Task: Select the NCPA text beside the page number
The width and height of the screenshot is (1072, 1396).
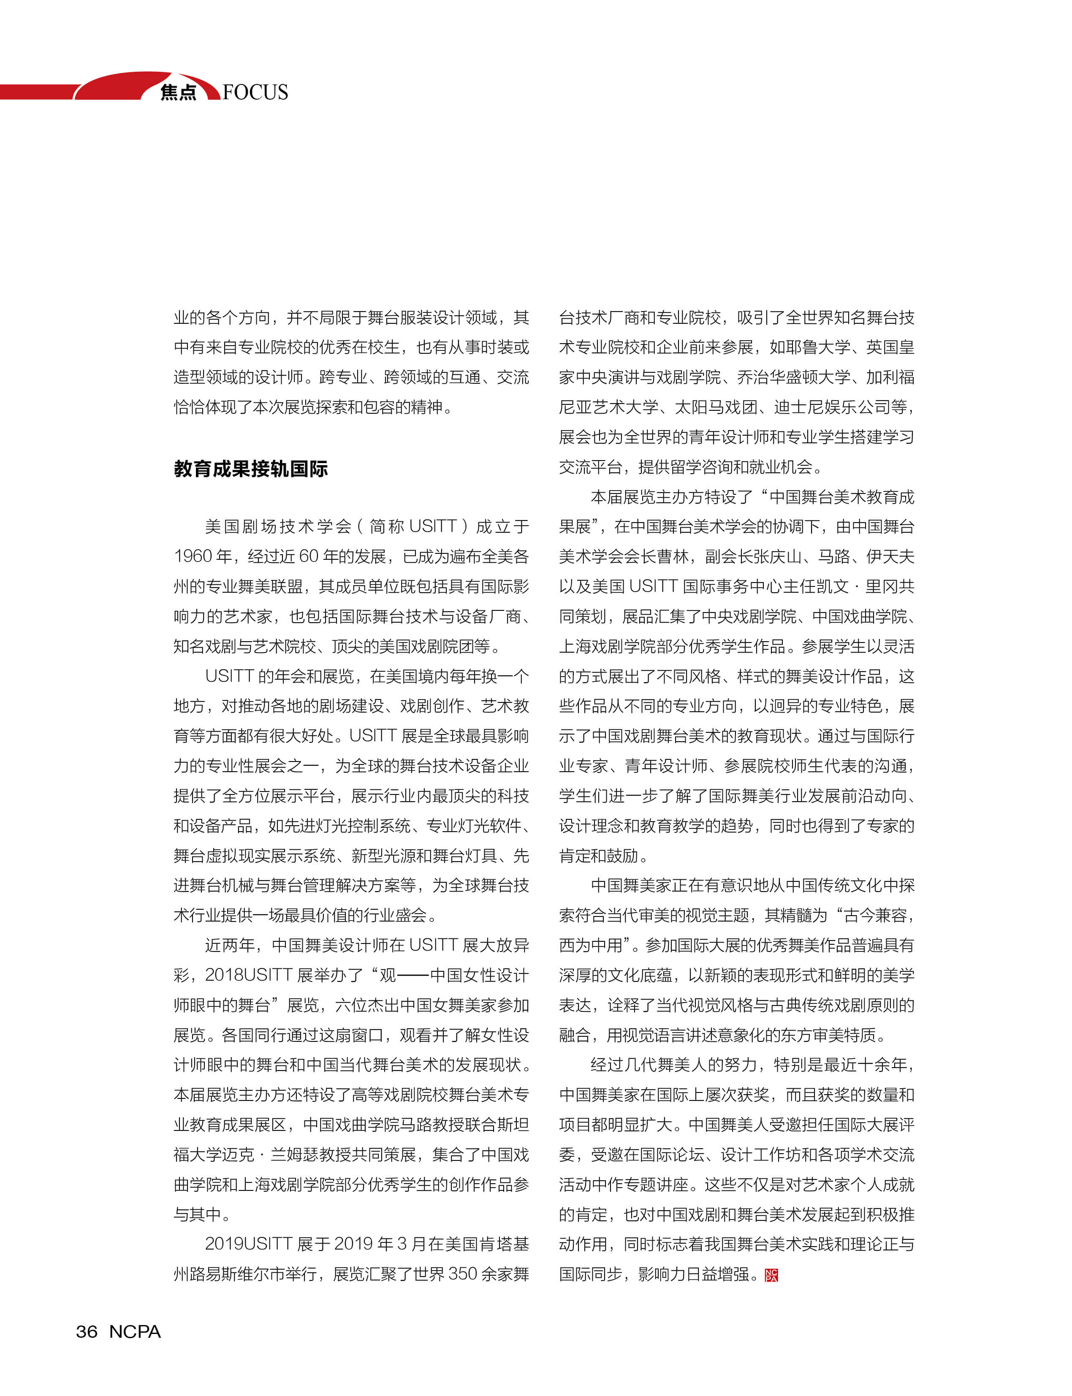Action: (x=135, y=1331)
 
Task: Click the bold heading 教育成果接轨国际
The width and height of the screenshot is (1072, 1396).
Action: (x=251, y=469)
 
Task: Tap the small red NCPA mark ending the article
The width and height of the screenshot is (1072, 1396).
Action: (x=771, y=1275)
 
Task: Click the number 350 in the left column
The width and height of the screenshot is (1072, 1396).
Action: (x=463, y=1274)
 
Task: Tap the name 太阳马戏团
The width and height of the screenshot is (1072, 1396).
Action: (x=715, y=407)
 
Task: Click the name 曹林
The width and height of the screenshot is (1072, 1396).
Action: (x=673, y=556)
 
